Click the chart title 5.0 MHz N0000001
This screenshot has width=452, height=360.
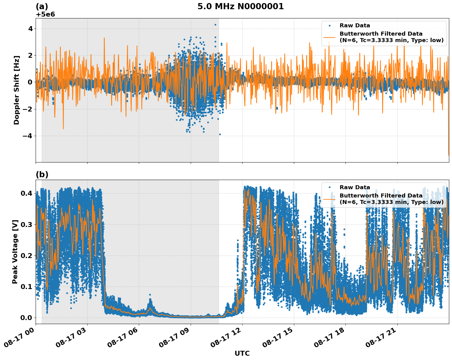(x=240, y=6)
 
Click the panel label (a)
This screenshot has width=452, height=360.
(x=42, y=6)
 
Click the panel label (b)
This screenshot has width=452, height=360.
(x=42, y=174)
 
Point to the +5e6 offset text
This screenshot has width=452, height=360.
(x=45, y=14)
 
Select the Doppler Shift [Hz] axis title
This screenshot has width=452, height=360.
(x=17, y=90)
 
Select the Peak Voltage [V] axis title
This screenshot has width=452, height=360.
(x=15, y=252)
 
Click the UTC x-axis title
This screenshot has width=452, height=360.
(x=242, y=353)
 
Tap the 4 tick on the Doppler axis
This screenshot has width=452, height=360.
(x=30, y=29)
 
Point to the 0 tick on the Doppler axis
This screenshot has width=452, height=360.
(x=30, y=82)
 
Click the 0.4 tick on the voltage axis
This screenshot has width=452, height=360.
(x=26, y=193)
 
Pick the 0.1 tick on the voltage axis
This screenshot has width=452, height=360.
(x=26, y=287)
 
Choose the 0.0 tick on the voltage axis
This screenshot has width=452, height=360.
(x=26, y=318)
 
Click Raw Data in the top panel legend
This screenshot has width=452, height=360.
(x=355, y=25)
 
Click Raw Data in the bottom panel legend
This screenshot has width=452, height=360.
(x=355, y=187)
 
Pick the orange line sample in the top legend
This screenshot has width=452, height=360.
(x=329, y=37)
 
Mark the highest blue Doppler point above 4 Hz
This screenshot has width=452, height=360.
(x=215, y=25)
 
